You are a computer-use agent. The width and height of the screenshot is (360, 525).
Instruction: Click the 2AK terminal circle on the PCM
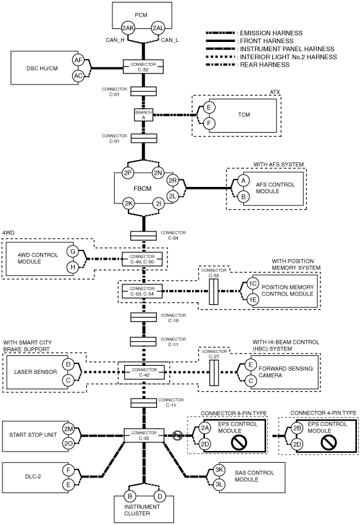click(128, 28)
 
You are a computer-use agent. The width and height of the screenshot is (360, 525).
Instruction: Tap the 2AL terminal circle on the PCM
click(158, 28)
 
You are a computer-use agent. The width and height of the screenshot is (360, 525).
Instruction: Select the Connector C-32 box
click(143, 67)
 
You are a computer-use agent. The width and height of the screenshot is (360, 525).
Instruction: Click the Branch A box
click(143, 115)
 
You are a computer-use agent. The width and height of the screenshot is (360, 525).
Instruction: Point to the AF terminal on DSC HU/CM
click(78, 60)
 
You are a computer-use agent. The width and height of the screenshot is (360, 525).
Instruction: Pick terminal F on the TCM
click(209, 123)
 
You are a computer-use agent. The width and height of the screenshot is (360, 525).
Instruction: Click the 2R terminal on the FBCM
click(173, 181)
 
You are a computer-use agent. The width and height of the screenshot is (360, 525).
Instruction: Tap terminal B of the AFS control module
click(244, 197)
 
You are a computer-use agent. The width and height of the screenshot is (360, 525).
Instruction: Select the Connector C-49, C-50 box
click(142, 259)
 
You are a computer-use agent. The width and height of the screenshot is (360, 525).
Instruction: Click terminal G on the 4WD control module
click(72, 251)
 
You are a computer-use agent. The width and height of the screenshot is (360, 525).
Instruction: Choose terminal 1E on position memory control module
click(253, 300)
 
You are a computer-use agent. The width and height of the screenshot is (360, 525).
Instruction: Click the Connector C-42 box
click(144, 373)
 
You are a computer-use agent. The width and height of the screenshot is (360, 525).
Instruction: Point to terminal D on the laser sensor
click(69, 364)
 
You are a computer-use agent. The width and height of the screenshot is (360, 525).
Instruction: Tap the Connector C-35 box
click(144, 436)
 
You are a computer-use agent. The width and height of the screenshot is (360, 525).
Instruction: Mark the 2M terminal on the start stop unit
click(69, 428)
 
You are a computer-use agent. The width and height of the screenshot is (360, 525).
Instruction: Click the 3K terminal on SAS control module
click(219, 469)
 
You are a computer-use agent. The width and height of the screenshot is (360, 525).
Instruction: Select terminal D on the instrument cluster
click(160, 496)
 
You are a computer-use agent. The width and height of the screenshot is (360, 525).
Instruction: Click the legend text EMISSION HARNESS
click(271, 33)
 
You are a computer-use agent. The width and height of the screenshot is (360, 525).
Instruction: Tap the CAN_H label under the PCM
click(115, 40)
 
